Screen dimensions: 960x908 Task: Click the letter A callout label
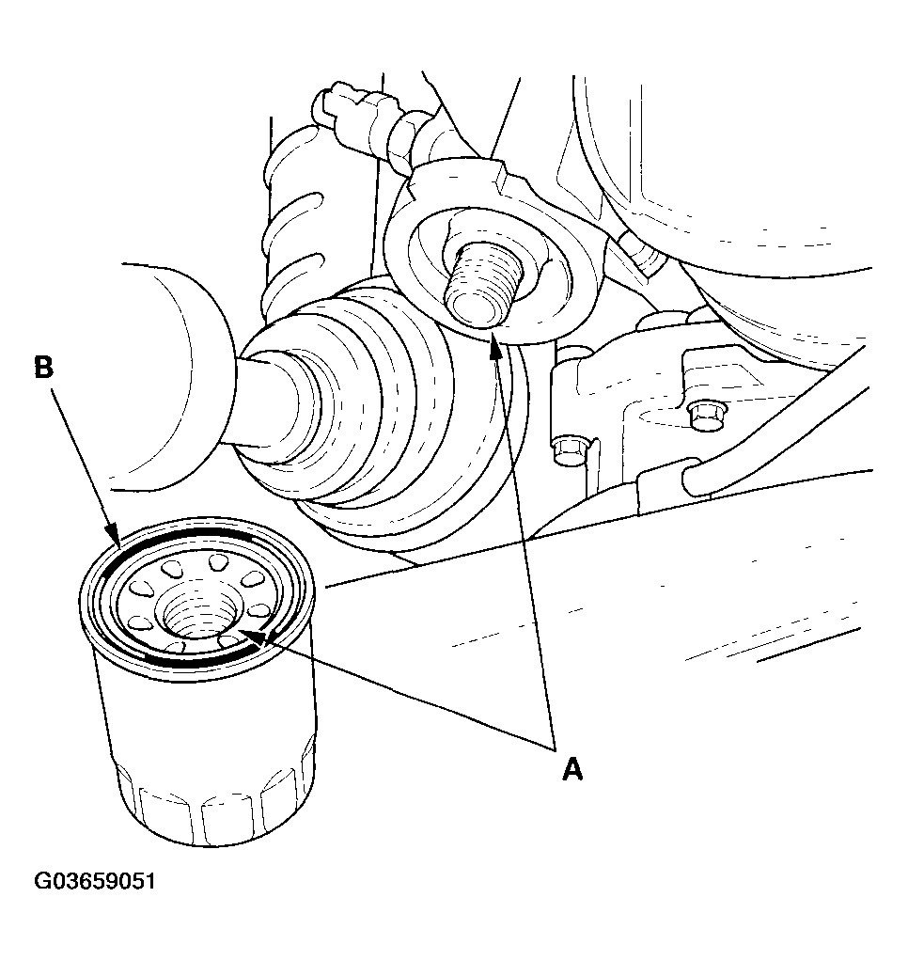coord(572,769)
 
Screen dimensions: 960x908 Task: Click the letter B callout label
coord(44,368)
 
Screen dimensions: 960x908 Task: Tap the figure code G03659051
coord(95,882)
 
